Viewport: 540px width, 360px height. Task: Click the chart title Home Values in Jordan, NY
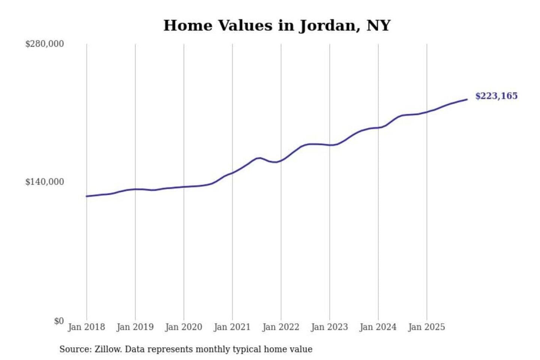click(x=277, y=25)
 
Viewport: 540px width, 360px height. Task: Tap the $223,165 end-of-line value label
click(x=496, y=96)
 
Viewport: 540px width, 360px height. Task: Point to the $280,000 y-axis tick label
click(x=44, y=44)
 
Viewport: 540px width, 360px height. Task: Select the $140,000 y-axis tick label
click(x=44, y=182)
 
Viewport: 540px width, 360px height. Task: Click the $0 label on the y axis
click(x=59, y=321)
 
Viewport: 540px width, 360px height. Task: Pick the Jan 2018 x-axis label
click(x=86, y=327)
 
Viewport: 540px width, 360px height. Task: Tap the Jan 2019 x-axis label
click(x=135, y=327)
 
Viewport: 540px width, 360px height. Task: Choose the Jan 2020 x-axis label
click(x=183, y=327)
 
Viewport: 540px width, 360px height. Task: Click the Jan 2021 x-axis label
click(x=232, y=327)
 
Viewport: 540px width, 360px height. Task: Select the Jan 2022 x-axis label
click(x=280, y=327)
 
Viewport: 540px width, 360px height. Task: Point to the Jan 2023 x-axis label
click(x=329, y=327)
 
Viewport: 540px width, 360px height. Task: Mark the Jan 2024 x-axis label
click(x=378, y=327)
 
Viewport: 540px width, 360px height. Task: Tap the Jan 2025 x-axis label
click(x=426, y=327)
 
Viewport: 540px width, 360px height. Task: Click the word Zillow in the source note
click(x=108, y=349)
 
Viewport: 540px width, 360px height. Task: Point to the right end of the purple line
click(x=467, y=99)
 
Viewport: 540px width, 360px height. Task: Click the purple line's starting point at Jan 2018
click(x=87, y=196)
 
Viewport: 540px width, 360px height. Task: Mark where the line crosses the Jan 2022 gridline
click(x=281, y=161)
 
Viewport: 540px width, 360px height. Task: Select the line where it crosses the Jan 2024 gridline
click(x=378, y=127)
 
